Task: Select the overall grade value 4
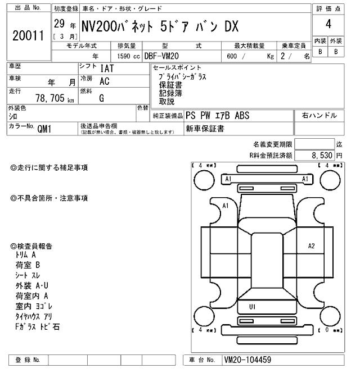pos(327,25)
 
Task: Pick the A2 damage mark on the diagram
pos(311,245)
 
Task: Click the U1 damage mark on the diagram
pos(252,307)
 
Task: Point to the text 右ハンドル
pos(319,116)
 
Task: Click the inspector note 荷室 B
pos(28,265)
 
